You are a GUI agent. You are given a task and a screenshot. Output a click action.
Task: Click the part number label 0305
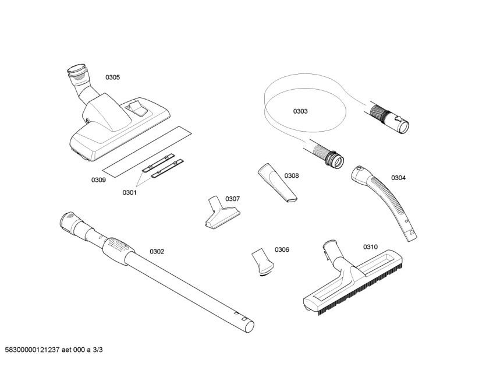pos(112,77)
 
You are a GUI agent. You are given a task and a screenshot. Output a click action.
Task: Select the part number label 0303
pos(300,111)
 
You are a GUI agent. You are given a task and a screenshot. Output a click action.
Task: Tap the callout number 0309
pos(98,180)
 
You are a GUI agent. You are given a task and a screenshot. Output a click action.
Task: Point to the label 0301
pos(129,192)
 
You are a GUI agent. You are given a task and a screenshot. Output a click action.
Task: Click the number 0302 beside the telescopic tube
pos(157,252)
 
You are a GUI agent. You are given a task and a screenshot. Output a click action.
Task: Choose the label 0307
pos(232,199)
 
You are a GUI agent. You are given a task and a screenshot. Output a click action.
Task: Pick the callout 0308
pos(292,175)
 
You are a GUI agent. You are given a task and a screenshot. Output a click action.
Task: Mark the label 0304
pos(398,178)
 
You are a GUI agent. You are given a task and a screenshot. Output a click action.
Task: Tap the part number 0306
pos(282,249)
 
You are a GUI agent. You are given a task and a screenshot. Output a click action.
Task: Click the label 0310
pos(371,246)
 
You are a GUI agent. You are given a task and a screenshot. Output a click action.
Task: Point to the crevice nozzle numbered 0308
pos(277,184)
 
